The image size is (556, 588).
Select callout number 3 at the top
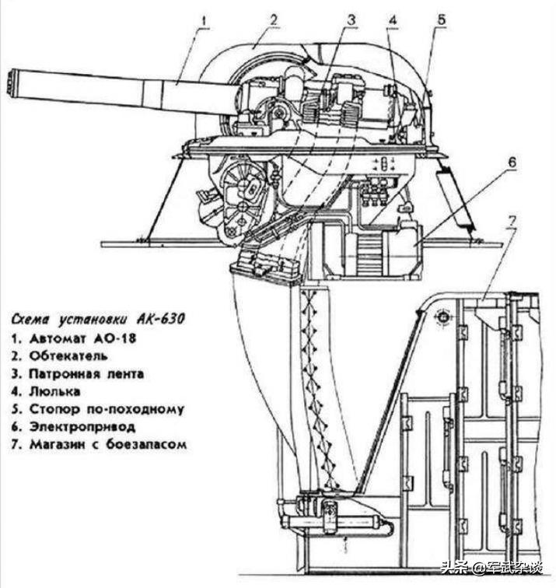pos(351,16)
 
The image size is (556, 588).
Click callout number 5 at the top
pos(441,17)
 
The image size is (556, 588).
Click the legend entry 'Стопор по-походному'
pos(98,410)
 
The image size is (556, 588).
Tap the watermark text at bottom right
pos(498,570)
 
